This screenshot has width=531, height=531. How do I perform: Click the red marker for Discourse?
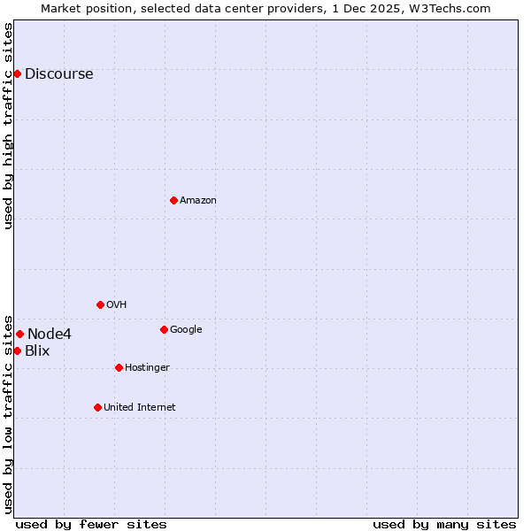[x=17, y=73]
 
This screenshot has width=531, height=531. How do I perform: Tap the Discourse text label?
[x=58, y=74]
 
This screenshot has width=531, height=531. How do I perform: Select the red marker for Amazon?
[x=173, y=200]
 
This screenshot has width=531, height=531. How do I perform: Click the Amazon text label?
[x=198, y=201]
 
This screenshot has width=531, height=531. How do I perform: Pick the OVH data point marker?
[x=100, y=304]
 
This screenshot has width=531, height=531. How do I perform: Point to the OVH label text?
[x=117, y=305]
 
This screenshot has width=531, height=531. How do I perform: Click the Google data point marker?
[x=164, y=329]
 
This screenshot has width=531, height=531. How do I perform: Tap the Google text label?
[x=186, y=330]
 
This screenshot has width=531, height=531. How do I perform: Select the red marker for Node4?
[x=19, y=334]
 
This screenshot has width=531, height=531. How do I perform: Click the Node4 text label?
[x=50, y=335]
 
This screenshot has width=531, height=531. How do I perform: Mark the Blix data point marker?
[x=17, y=350]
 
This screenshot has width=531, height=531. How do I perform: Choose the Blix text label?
[x=37, y=351]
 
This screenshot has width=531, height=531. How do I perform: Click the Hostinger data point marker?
[x=119, y=367]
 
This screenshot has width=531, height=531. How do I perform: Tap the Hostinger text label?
[x=147, y=368]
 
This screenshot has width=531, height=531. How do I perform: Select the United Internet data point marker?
[x=97, y=407]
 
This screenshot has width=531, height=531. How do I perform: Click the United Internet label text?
[x=139, y=408]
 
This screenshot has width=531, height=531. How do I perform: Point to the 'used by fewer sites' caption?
[x=91, y=525]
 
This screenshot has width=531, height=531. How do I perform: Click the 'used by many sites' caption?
[x=444, y=525]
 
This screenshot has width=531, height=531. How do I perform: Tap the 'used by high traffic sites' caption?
[x=9, y=126]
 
